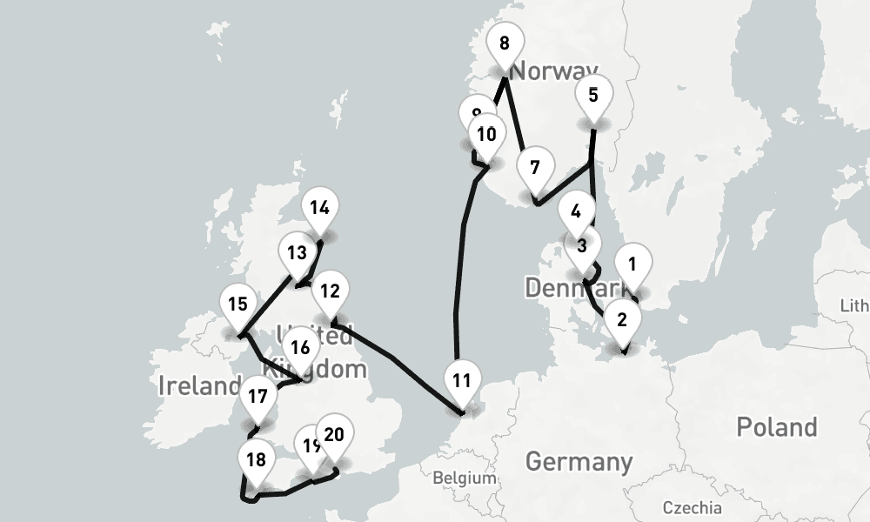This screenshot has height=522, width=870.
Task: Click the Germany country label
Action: pyautogui.click(x=579, y=460)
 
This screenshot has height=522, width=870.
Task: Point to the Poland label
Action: pyautogui.click(x=776, y=427)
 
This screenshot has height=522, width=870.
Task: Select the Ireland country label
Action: pyautogui.click(x=199, y=385)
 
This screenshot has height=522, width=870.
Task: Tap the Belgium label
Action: pyautogui.click(x=465, y=478)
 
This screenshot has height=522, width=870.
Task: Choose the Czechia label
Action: pyautogui.click(x=692, y=507)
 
